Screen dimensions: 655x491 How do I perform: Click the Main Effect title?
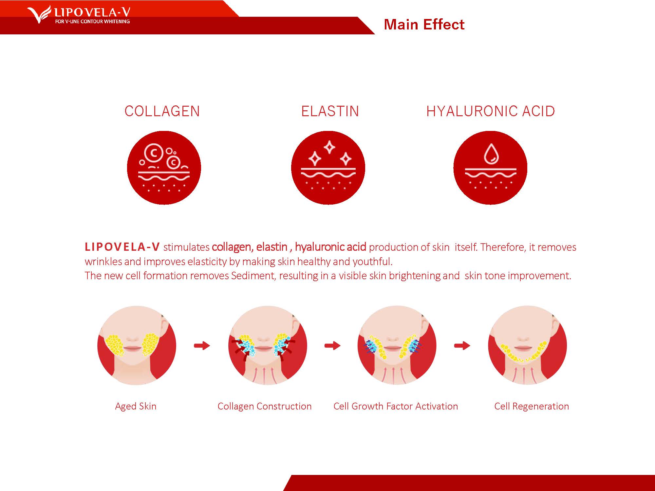point(424,25)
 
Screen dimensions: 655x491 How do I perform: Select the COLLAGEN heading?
point(162,111)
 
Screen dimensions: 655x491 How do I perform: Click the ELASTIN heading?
point(330,111)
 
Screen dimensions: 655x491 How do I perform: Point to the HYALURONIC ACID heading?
point(491,111)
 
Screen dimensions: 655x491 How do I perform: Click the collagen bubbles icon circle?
point(164,168)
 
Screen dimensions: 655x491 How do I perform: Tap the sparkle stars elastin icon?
point(328,168)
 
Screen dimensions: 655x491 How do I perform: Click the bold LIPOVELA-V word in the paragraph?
point(122,247)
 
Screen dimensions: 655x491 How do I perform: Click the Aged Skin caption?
point(136,406)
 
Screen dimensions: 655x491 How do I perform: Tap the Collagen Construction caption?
point(265,406)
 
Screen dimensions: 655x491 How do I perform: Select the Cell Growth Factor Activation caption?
point(396,406)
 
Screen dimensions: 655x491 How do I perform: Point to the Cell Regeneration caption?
point(532,406)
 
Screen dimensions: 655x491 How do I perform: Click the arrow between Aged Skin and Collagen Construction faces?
point(202,345)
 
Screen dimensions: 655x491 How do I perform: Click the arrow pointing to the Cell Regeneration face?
point(462,345)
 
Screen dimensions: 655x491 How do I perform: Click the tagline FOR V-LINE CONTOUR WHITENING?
point(92,22)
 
